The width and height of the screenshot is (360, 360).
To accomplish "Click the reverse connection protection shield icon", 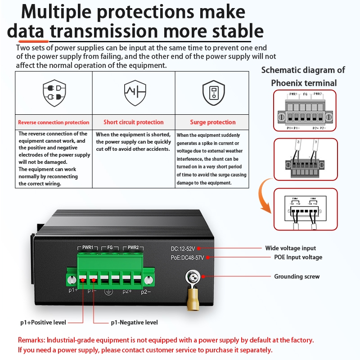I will click(x=54, y=93).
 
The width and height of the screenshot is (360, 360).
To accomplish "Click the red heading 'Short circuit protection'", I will click(x=134, y=122).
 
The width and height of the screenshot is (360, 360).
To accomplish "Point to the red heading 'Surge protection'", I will click(x=213, y=122).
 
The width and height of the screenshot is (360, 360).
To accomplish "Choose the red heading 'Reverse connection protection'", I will click(x=54, y=122).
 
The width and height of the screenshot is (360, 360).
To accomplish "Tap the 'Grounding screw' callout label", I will click(x=297, y=276).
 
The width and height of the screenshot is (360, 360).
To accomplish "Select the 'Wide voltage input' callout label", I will click(x=290, y=248).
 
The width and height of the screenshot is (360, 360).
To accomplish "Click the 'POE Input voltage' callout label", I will click(x=298, y=257).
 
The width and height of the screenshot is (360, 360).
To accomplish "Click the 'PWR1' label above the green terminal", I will click(x=87, y=247).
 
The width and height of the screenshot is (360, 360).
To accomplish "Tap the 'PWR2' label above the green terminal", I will click(x=133, y=247).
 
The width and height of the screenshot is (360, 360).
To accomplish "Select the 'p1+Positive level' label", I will click(x=43, y=323).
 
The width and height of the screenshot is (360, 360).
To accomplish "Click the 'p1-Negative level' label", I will click(x=134, y=323).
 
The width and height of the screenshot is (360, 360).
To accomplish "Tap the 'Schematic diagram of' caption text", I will click(x=303, y=70).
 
